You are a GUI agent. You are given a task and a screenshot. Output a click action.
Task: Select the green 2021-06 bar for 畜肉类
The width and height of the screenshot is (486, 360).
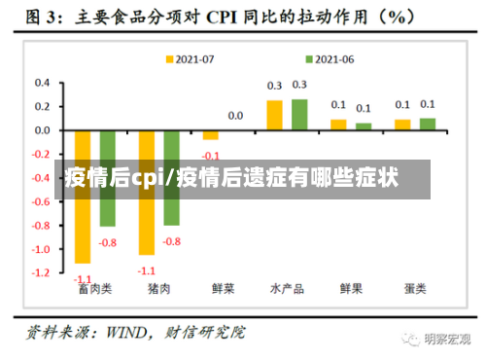click(108, 178)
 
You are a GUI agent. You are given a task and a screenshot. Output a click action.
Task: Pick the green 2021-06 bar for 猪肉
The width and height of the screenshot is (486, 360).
click(172, 178)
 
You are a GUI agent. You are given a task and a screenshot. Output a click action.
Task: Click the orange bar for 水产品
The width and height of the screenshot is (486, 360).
click(275, 115)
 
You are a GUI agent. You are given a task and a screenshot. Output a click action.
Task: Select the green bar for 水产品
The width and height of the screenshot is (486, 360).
click(299, 115)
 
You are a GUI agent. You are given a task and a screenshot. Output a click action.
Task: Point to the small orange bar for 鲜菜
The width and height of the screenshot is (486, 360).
click(211, 135)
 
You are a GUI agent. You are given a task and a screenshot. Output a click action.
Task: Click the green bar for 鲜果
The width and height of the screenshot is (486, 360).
click(364, 126)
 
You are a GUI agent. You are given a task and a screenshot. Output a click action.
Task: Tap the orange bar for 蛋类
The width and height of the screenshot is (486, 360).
click(402, 125)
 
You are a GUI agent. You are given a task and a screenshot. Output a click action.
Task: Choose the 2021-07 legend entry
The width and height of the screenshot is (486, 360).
click(191, 58)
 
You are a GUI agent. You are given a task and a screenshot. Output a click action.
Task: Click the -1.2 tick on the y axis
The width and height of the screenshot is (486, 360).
click(40, 273)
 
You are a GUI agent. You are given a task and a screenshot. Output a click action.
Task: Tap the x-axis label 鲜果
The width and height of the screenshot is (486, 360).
click(351, 289)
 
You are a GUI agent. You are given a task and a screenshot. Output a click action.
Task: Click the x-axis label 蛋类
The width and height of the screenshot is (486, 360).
click(415, 289)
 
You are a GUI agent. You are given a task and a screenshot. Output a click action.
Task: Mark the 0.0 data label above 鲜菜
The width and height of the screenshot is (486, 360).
click(235, 116)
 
